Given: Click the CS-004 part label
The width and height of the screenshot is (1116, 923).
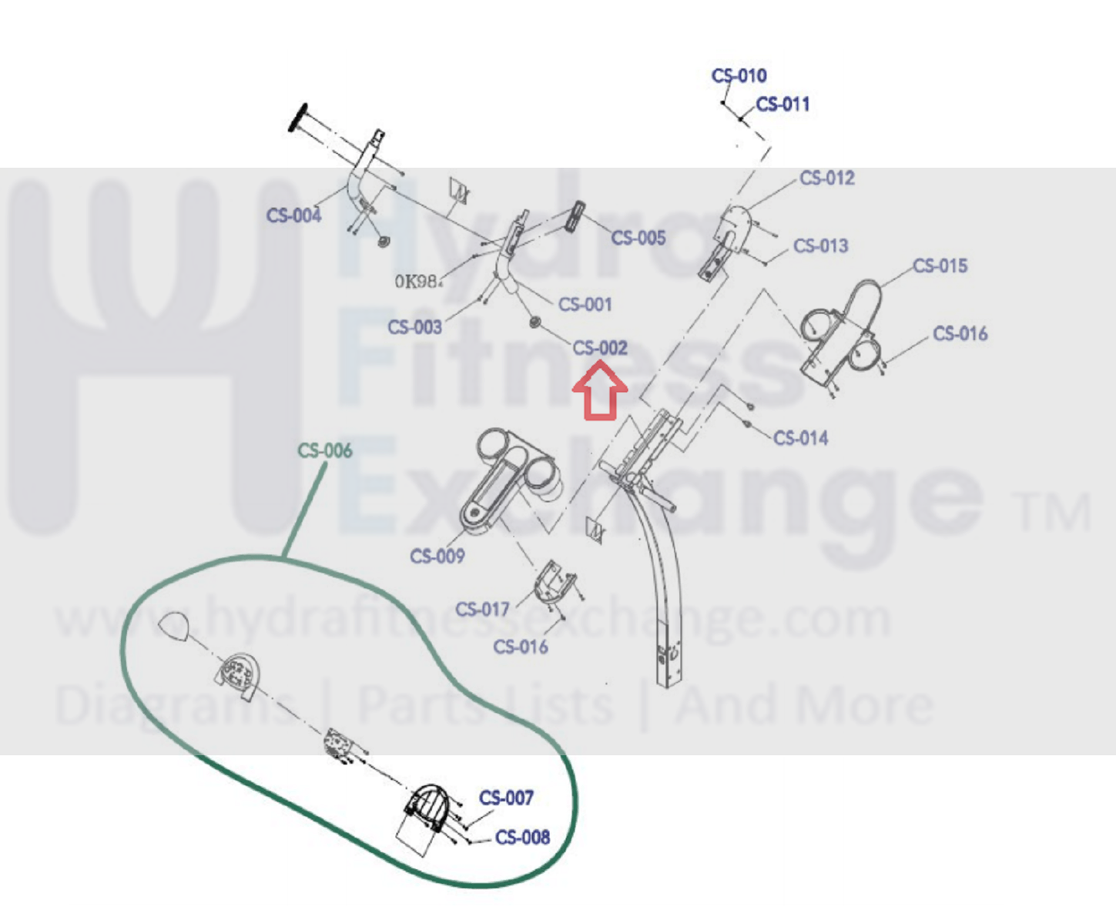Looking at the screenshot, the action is [293, 216].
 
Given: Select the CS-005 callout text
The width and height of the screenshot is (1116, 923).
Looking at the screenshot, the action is [638, 238].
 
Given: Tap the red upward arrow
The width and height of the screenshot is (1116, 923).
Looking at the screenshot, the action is [599, 392].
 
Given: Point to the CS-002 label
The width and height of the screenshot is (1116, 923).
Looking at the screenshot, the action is [600, 348].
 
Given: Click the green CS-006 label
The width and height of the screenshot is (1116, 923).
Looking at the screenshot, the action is [324, 450].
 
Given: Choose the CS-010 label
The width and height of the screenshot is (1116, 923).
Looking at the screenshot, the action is [739, 75].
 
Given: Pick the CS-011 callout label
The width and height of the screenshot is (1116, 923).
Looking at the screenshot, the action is [783, 104].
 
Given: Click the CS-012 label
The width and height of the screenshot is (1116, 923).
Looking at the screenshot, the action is [826, 178].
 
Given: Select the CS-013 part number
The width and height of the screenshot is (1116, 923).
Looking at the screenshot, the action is [820, 246].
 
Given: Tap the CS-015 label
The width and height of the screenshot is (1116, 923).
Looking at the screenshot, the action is [940, 266].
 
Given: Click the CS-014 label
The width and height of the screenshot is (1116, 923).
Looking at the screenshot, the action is [800, 438].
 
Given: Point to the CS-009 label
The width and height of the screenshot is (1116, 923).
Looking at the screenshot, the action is [437, 556].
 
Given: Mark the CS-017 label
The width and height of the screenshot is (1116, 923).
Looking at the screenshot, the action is [482, 609].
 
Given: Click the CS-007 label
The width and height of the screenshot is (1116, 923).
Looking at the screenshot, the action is [506, 798].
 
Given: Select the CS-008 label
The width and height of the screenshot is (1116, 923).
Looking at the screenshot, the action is [522, 837].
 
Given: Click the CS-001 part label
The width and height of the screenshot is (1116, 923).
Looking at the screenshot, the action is [585, 304].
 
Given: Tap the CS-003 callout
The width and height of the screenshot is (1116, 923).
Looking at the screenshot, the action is [414, 327].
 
